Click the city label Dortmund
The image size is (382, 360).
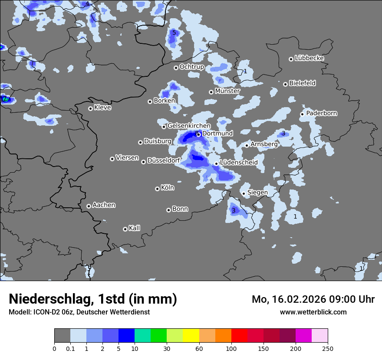pyautogui.click(x=217, y=134)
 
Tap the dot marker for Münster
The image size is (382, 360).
pyautogui.click(x=211, y=92)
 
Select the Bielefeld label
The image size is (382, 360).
pyautogui.click(x=302, y=83)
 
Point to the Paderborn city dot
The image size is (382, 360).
pyautogui.click(x=302, y=114)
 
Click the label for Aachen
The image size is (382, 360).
pyautogui.click(x=104, y=205)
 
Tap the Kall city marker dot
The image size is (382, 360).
pyautogui.click(x=125, y=229)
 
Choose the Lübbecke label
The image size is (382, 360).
pyautogui.click(x=309, y=58)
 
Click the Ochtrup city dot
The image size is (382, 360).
pyautogui.click(x=176, y=68)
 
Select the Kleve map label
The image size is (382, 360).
pyautogui.click(x=102, y=108)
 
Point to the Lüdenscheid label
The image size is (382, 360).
pyautogui.click(x=239, y=163)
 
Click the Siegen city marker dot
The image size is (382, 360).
pyautogui.click(x=244, y=193)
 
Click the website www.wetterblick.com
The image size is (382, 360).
pyautogui.click(x=313, y=312)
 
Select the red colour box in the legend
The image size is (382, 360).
pyautogui.click(x=239, y=336)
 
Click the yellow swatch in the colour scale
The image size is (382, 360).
pyautogui.click(x=191, y=336)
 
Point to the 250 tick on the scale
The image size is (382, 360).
pyautogui.click(x=328, y=348)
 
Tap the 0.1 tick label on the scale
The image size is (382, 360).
pyautogui.click(x=70, y=348)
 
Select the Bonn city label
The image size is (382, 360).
pyautogui.click(x=180, y=209)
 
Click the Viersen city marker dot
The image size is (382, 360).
pyautogui.click(x=112, y=159)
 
